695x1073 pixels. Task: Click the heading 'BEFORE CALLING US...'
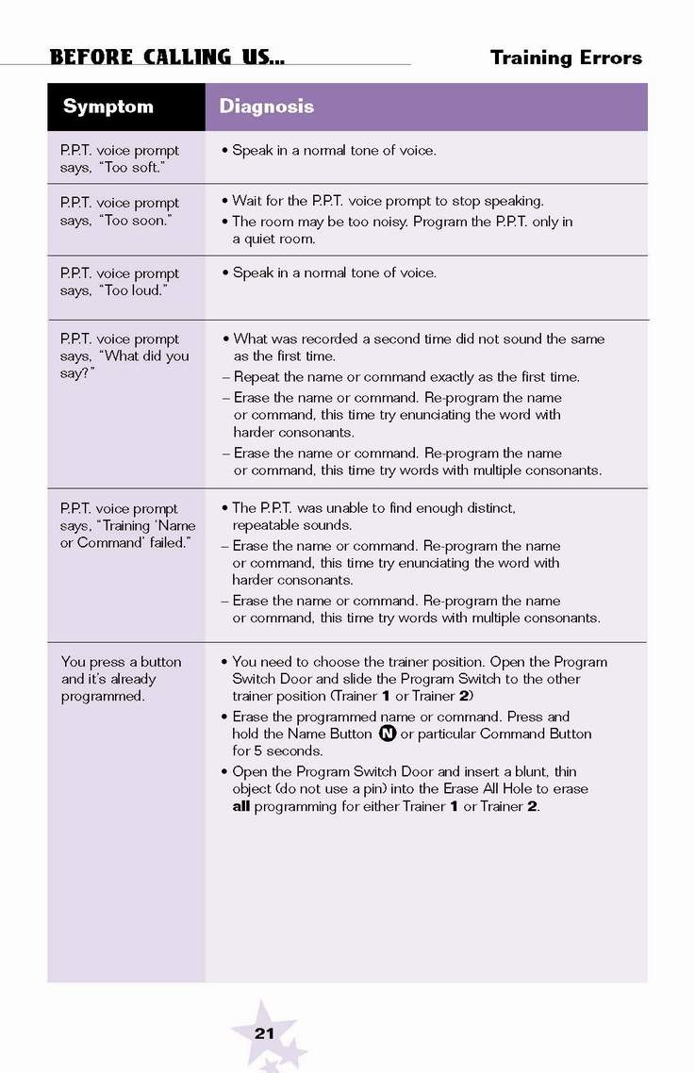click(167, 57)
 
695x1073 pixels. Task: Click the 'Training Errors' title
click(566, 58)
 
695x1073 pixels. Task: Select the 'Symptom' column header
click(108, 107)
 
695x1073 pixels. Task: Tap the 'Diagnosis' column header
click(266, 107)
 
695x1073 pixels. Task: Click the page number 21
click(264, 1033)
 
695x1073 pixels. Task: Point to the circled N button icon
click(387, 734)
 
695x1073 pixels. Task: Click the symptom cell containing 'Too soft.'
click(119, 158)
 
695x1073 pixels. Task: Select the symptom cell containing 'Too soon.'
click(119, 211)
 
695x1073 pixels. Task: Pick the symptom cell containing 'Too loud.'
click(119, 282)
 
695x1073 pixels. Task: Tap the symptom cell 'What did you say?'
click(124, 355)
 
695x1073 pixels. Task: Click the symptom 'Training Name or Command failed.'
click(127, 525)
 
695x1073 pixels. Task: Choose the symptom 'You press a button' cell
click(121, 679)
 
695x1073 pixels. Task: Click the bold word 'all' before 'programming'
click(241, 806)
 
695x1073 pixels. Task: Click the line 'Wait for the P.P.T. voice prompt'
click(388, 201)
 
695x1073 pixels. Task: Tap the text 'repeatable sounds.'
click(292, 525)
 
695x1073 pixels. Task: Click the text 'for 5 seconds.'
click(277, 751)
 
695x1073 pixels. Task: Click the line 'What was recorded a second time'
click(419, 338)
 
